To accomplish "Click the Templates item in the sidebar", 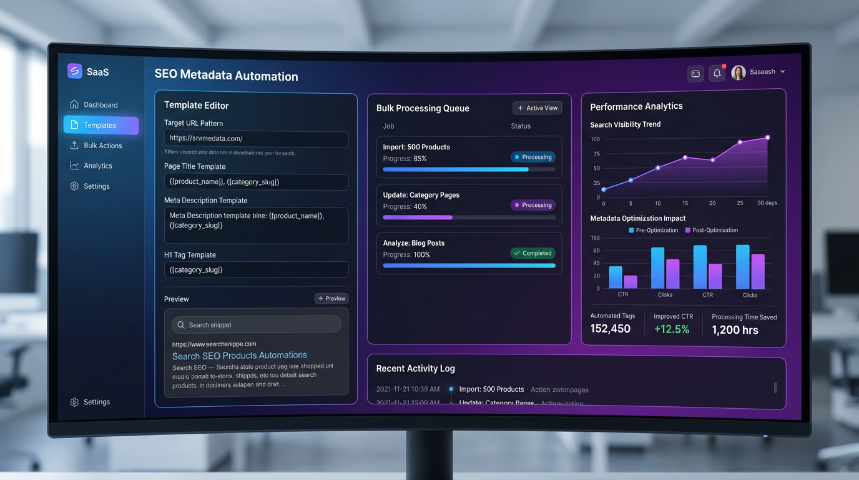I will tap(101, 125).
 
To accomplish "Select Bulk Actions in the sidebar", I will tap(102, 146).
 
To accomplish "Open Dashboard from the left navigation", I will tap(101, 105).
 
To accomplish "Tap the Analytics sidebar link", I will tap(98, 166).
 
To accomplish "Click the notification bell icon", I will tap(717, 74).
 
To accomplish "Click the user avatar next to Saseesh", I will tap(739, 72).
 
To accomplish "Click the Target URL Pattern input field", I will tap(256, 139).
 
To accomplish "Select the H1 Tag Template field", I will tap(256, 270).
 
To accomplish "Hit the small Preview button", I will tap(331, 299).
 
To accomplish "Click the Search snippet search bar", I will tap(256, 324).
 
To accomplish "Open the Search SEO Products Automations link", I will tap(240, 356).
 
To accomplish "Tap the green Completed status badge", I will tap(533, 253).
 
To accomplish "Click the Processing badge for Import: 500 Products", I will tap(533, 157).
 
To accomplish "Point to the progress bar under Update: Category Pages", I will tap(469, 217).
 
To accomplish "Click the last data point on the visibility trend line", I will tap(767, 137).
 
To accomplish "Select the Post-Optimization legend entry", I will tap(712, 230).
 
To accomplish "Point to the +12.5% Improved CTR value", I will tap(672, 329).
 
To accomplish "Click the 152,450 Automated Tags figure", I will tap(611, 329).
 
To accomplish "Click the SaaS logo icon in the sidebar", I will tap(74, 71).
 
